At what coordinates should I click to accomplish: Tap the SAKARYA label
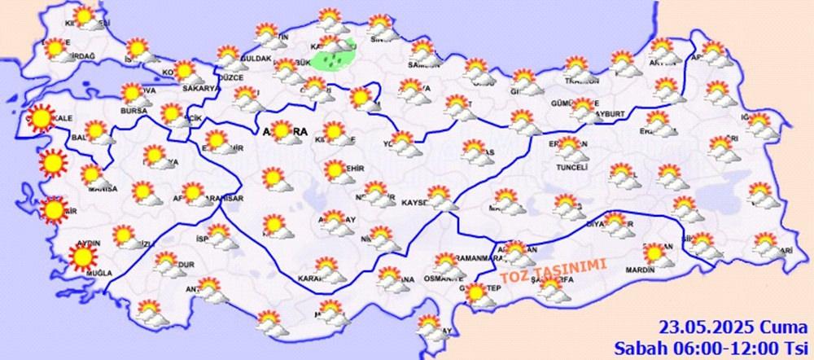[203, 88]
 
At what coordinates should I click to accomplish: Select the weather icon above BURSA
[131, 94]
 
